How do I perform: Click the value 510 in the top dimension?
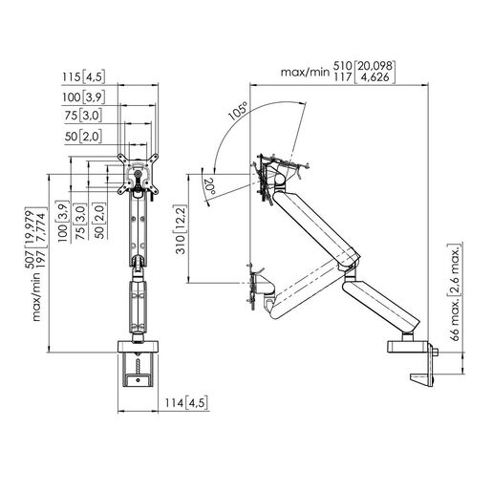pos(345,65)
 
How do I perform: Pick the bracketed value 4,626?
pos(379,78)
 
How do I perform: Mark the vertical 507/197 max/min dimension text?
pos(37,277)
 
